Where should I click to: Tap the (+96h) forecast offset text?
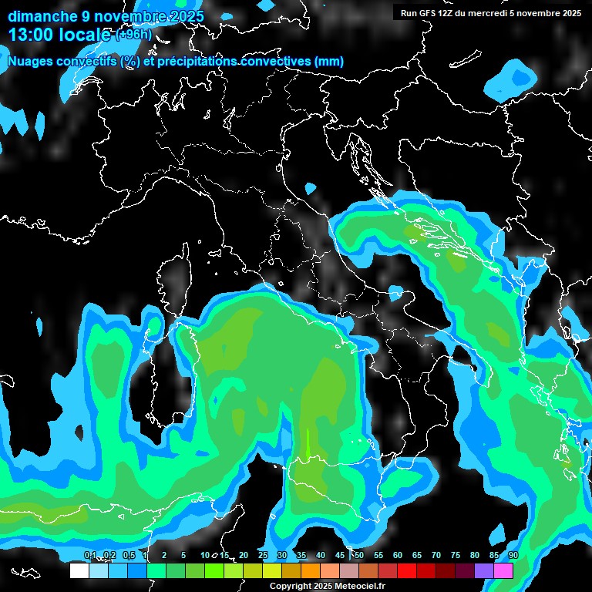coord(133,35)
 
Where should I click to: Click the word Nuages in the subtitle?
coord(32,62)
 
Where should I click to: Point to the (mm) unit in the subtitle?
coord(329,62)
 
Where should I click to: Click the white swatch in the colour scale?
coord(79,571)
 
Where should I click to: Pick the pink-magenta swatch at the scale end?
coord(503,571)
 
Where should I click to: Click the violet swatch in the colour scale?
coord(484,571)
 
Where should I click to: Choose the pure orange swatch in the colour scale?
coord(311,571)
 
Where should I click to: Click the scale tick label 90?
coord(513,556)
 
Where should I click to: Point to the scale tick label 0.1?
coord(90,556)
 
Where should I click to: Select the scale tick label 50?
coord(359,556)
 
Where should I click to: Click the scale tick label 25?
coord(263,556)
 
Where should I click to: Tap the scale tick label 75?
coord(456,556)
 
